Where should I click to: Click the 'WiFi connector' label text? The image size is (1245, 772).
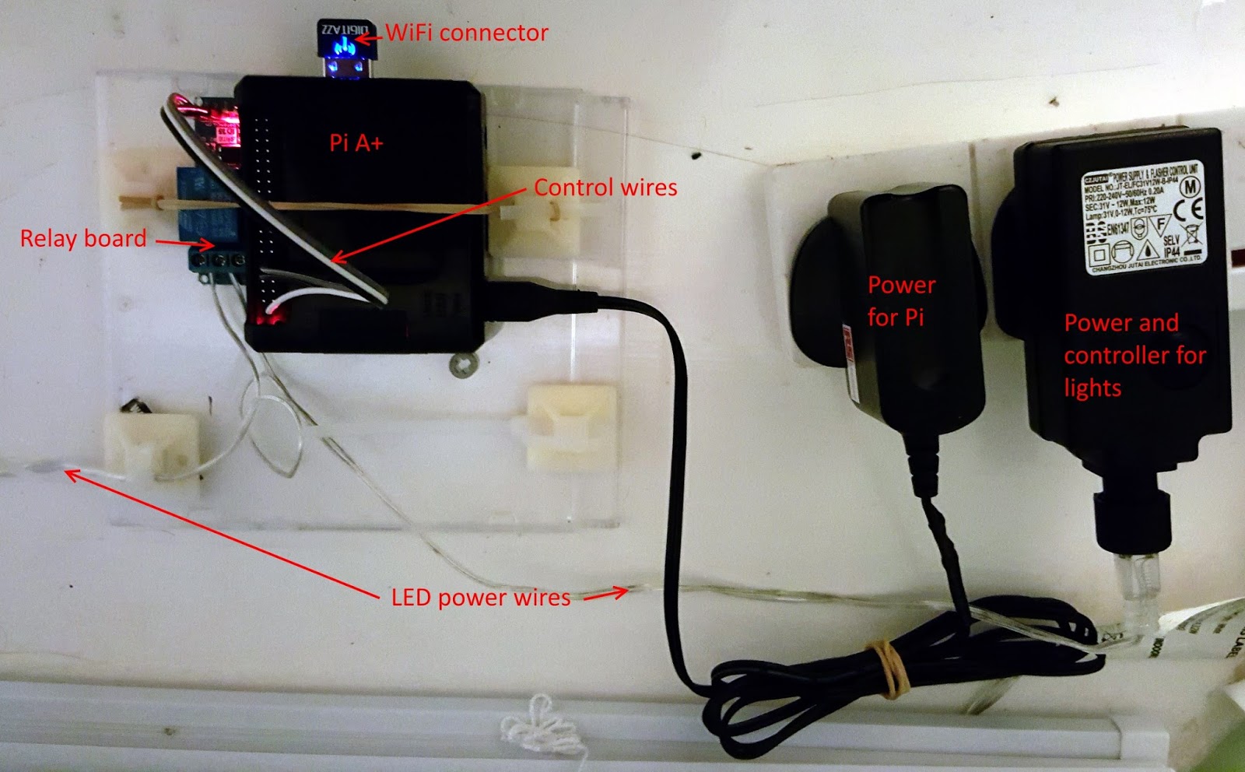(467, 33)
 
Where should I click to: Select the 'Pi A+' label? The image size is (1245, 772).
(356, 142)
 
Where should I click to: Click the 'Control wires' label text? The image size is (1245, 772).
(605, 188)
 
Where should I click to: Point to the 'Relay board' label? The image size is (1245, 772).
(83, 238)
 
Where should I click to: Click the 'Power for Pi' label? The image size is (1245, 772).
(900, 301)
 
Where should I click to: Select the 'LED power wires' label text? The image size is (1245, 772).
(480, 598)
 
